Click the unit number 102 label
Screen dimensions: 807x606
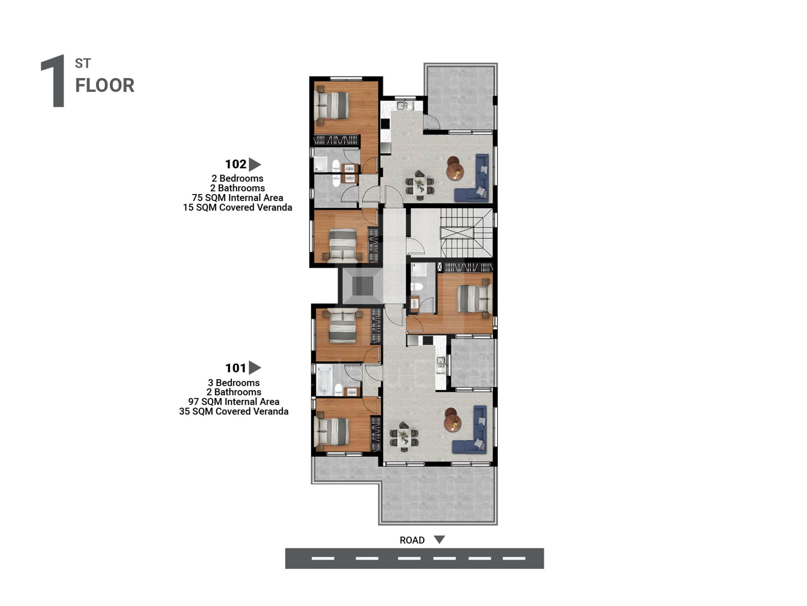pyautogui.click(x=235, y=164)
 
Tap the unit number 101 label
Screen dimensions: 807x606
pyautogui.click(x=235, y=368)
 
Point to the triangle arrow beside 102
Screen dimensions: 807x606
pyautogui.click(x=255, y=165)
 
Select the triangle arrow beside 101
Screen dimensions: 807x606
pyautogui.click(x=255, y=368)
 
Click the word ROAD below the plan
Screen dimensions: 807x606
pyautogui.click(x=412, y=541)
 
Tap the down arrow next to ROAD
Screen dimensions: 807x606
pyautogui.click(x=439, y=540)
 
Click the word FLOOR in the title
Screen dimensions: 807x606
pyautogui.click(x=105, y=86)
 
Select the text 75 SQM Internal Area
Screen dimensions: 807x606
pyautogui.click(x=238, y=198)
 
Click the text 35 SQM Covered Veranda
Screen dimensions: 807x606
pyautogui.click(x=234, y=411)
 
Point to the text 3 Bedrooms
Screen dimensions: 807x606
pyautogui.click(x=234, y=383)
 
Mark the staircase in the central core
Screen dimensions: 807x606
pyautogui.click(x=467, y=234)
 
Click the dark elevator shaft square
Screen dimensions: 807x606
pyautogui.click(x=362, y=286)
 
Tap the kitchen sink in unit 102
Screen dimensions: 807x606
pyautogui.click(x=403, y=105)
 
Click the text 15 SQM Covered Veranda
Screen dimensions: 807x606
pyautogui.click(x=238, y=208)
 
